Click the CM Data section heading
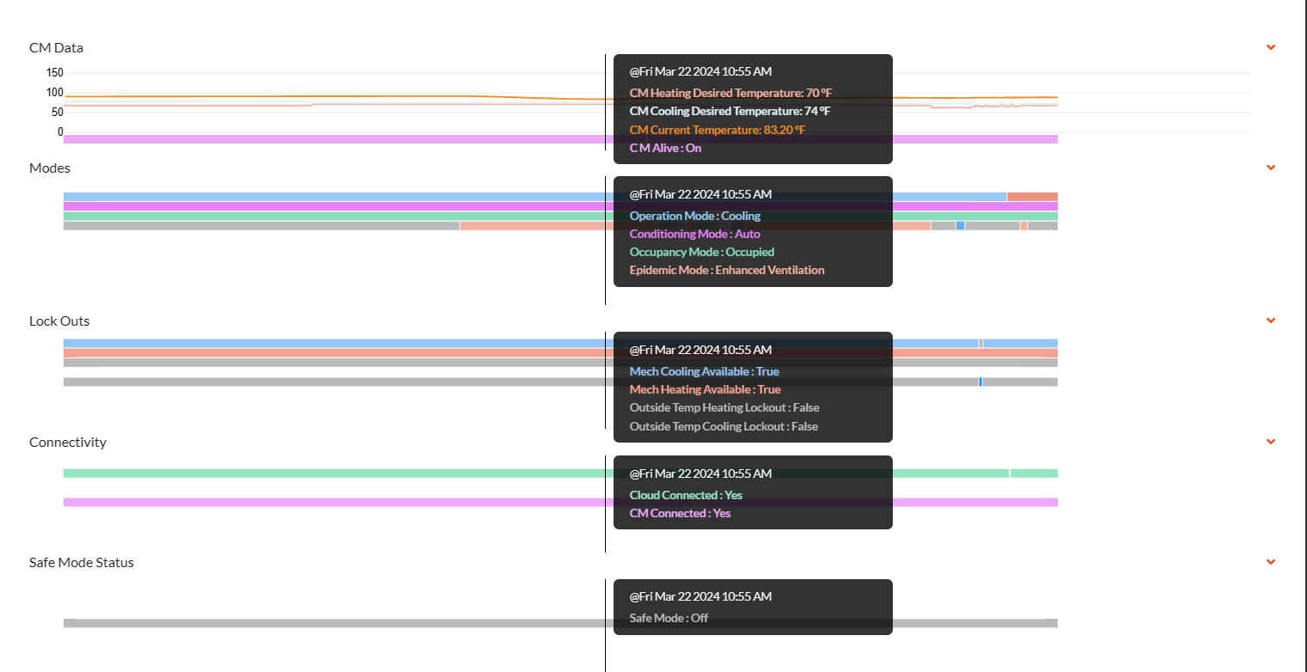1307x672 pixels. (x=56, y=48)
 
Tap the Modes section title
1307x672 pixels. (x=50, y=168)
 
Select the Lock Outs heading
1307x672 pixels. (x=59, y=321)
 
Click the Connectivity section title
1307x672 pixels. (x=68, y=443)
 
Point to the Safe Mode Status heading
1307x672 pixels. (x=82, y=562)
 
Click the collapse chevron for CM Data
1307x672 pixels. (x=1271, y=47)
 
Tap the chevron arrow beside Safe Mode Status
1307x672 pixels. (x=1271, y=562)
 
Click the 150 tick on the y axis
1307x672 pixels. (x=55, y=72)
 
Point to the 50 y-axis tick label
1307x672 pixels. (x=58, y=112)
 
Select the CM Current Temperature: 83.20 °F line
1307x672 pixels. (x=718, y=130)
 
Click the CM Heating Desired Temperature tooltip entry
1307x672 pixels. (x=730, y=93)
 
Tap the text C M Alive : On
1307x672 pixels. (x=665, y=148)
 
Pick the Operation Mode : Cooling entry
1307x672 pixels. (x=695, y=216)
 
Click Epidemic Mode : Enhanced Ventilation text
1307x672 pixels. (x=727, y=270)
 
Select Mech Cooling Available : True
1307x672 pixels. (x=705, y=371)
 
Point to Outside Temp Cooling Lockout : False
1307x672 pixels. (x=724, y=426)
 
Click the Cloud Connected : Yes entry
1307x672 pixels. (x=686, y=495)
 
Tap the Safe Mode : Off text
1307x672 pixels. (x=669, y=619)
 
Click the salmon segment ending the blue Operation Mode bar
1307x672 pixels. (x=1032, y=197)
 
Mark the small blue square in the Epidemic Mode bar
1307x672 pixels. (x=960, y=226)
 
